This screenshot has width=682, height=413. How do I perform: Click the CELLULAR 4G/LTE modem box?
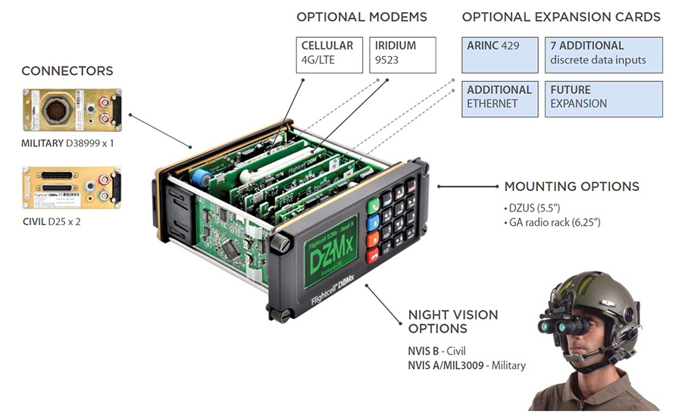329,53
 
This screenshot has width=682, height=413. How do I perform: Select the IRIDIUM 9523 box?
403,53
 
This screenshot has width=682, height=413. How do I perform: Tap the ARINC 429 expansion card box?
501,53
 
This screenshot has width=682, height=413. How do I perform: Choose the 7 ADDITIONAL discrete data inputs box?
602,53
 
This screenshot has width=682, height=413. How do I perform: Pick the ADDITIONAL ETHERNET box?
501,96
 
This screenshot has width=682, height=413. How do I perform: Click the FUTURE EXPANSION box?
602,96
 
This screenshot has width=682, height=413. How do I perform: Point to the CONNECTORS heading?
67,71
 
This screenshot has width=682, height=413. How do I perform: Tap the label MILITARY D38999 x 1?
69,142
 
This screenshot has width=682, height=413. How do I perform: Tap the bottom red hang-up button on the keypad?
373,256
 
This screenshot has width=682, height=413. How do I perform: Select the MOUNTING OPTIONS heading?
571,186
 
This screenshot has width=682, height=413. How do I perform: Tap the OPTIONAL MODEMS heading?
361,17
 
